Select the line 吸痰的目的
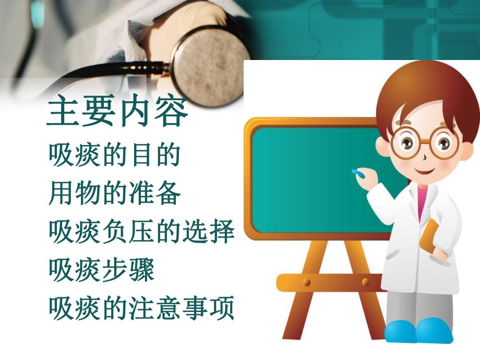[114, 155]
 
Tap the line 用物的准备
[114, 194]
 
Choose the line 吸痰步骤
[101, 270]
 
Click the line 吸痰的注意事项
[141, 308]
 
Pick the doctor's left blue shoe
[402, 331]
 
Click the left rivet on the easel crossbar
[307, 282]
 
